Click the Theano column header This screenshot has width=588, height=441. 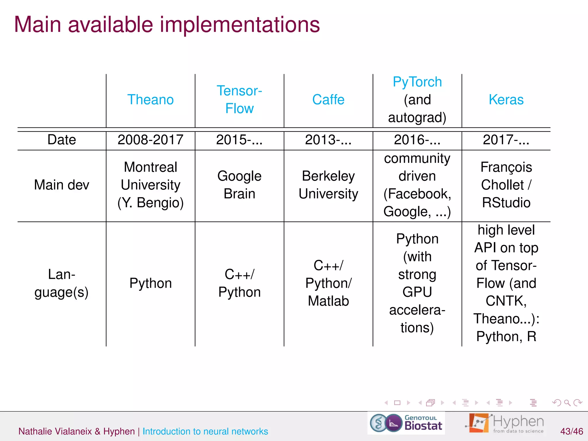point(150,100)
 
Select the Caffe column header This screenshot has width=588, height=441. point(328,100)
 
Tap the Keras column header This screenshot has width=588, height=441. point(506,100)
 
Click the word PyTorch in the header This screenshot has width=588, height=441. point(417,82)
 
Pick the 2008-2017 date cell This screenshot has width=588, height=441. point(150,140)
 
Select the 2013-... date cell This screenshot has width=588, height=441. point(328,140)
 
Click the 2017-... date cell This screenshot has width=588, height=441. point(506,140)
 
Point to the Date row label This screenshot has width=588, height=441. point(61,140)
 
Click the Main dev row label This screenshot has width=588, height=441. point(61,185)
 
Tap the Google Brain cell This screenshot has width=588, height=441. point(239,185)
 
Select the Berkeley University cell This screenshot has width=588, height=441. point(328,185)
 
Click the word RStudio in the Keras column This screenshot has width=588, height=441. point(506,203)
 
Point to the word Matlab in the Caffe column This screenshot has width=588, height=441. point(328,301)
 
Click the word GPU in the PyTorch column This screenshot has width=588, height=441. point(417,292)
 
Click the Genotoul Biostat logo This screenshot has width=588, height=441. point(406,423)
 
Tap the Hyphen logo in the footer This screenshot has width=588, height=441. point(505,423)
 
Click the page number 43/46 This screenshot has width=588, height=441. point(571,431)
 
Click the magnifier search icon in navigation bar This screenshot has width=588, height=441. point(567,403)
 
